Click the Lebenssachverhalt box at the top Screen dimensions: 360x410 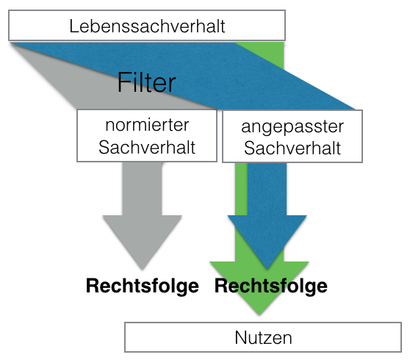147,26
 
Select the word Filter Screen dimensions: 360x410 147,82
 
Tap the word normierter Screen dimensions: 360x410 147,126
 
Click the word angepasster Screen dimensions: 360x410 292,126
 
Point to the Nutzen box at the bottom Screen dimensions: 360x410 263,338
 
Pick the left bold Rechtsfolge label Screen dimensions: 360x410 143,286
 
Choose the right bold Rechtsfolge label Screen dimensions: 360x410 270,285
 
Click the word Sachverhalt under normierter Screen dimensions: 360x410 147,147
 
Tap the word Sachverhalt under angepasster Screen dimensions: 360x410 292,148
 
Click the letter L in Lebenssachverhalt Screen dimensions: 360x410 73,27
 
